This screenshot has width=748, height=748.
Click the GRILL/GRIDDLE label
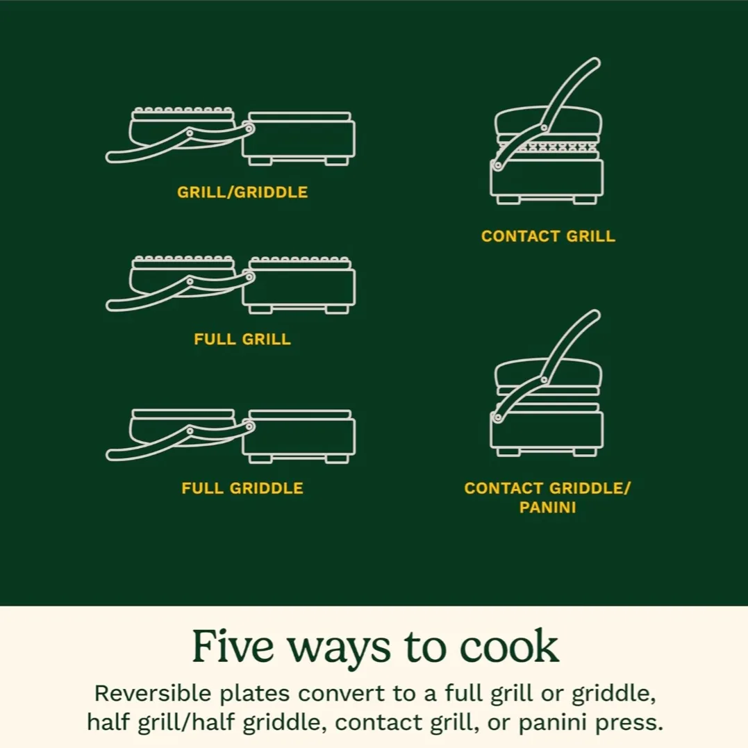point(242,192)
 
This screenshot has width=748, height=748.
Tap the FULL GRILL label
point(242,340)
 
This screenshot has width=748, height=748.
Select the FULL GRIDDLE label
point(242,488)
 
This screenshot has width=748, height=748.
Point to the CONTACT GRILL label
point(548,236)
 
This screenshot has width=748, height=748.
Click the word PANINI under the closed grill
point(548,508)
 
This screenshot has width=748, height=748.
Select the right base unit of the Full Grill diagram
point(299,287)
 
